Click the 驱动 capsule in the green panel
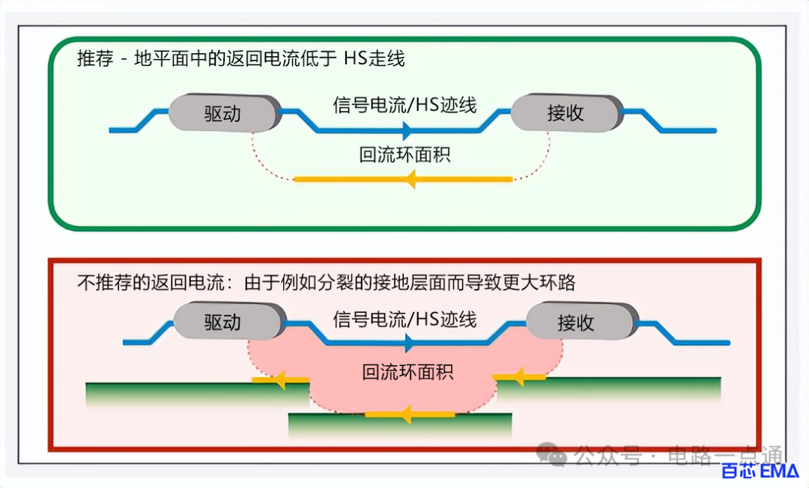pyautogui.click(x=225, y=113)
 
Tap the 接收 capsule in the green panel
pyautogui.click(x=567, y=112)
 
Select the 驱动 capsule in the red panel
pyautogui.click(x=230, y=321)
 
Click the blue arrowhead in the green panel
pyautogui.click(x=407, y=130)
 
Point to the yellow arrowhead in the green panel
pyautogui.click(x=411, y=180)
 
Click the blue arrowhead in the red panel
pyautogui.click(x=410, y=343)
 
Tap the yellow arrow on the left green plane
pyautogui.click(x=280, y=379)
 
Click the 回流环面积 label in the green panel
pyautogui.click(x=404, y=155)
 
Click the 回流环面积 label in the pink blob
pyautogui.click(x=407, y=371)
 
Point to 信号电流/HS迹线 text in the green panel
pyautogui.click(x=404, y=105)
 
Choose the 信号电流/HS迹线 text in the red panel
pyautogui.click(x=404, y=320)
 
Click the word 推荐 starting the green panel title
pyautogui.click(x=95, y=58)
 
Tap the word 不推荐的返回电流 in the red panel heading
pyautogui.click(x=151, y=282)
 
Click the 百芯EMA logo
pyautogui.click(x=759, y=471)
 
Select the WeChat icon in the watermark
pyautogui.click(x=551, y=454)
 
